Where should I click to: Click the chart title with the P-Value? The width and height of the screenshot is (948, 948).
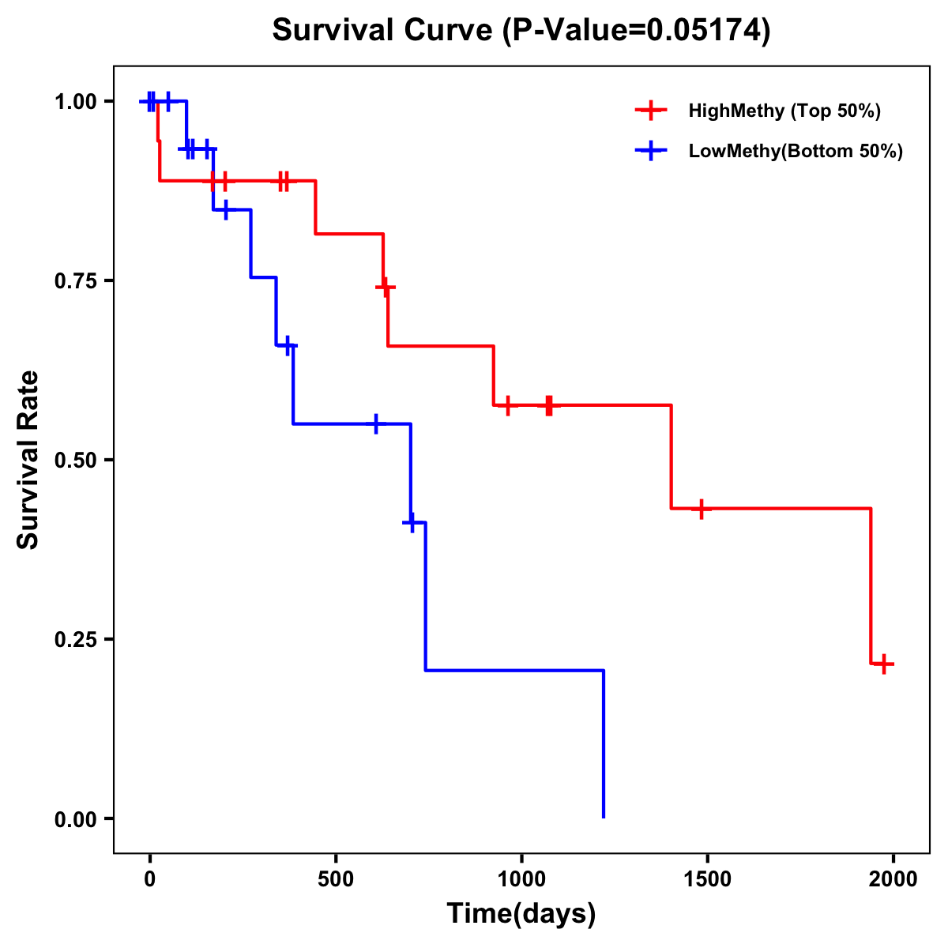[521, 30]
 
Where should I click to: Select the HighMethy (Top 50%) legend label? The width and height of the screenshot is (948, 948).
[784, 111]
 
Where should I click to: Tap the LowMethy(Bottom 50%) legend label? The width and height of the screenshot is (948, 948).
[796, 151]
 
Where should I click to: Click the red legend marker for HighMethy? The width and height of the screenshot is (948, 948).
[651, 111]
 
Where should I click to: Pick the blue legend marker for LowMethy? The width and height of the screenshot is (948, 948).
[651, 151]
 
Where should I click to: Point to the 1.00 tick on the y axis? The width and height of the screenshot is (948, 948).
[76, 102]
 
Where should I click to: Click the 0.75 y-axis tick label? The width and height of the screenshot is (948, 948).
[76, 281]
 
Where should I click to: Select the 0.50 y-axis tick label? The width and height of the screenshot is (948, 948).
[76, 461]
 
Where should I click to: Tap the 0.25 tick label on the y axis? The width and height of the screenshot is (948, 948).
[76, 640]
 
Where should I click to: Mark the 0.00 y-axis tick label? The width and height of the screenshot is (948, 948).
[76, 819]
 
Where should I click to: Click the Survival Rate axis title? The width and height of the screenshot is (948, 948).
[28, 460]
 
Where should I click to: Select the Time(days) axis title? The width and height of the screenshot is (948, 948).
[521, 914]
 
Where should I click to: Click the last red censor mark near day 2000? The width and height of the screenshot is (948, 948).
[884, 664]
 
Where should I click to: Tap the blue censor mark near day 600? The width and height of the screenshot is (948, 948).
[376, 424]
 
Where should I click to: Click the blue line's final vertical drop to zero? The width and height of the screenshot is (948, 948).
[604, 743]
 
